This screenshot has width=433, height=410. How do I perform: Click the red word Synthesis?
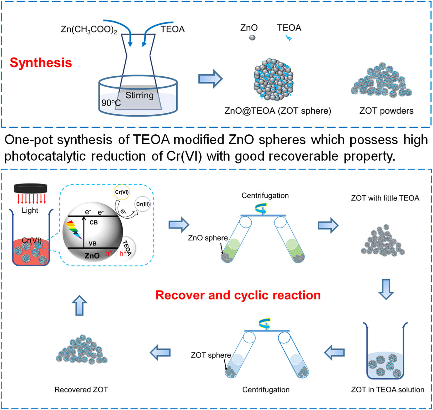(x=41, y=63)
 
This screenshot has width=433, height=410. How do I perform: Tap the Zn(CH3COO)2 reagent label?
(x=89, y=29)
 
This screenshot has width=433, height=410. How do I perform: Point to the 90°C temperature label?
(x=111, y=103)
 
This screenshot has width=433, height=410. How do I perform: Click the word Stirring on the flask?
(x=139, y=95)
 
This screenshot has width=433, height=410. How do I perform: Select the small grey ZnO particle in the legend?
(x=252, y=38)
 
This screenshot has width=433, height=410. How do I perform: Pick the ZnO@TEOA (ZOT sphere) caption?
(x=278, y=111)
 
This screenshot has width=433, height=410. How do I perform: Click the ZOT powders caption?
(x=386, y=111)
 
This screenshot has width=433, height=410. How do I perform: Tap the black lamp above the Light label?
(x=31, y=188)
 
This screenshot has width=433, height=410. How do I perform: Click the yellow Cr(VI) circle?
(x=122, y=192)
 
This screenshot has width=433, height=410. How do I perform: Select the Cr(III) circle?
(x=143, y=204)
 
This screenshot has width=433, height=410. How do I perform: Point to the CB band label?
(x=93, y=222)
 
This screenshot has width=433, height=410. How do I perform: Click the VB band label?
(x=92, y=243)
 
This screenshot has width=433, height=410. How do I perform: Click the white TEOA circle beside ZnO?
(x=128, y=249)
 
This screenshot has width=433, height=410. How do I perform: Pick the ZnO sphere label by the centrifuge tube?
(x=208, y=238)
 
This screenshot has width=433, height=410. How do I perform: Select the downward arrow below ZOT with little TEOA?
(x=386, y=289)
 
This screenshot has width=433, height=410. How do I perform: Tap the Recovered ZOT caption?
(x=81, y=390)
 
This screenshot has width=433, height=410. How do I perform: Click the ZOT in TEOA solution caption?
(x=388, y=390)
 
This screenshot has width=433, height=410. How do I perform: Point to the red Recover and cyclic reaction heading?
(x=238, y=295)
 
